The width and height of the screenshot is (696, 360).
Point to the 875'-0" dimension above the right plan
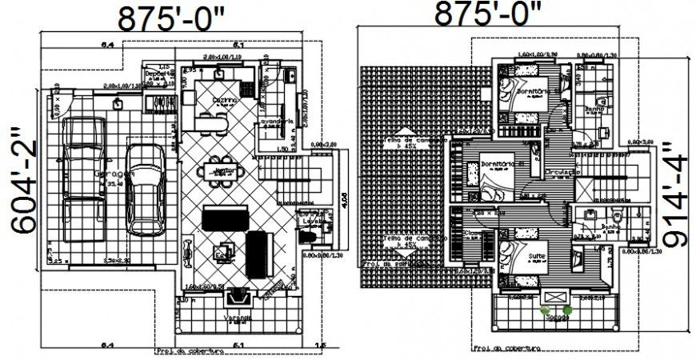point(487,14)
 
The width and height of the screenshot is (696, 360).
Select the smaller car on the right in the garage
point(145,186)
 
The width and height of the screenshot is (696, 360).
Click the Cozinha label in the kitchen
point(224,101)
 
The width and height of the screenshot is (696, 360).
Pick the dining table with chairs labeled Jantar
point(225,170)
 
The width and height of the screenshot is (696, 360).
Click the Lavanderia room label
point(276,122)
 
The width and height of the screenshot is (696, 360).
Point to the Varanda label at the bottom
point(237,318)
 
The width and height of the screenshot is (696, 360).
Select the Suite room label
point(537,257)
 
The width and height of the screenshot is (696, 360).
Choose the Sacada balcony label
point(557,318)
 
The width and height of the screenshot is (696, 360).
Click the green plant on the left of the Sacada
point(546,309)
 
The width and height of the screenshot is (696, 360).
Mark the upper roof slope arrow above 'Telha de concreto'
point(404,130)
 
